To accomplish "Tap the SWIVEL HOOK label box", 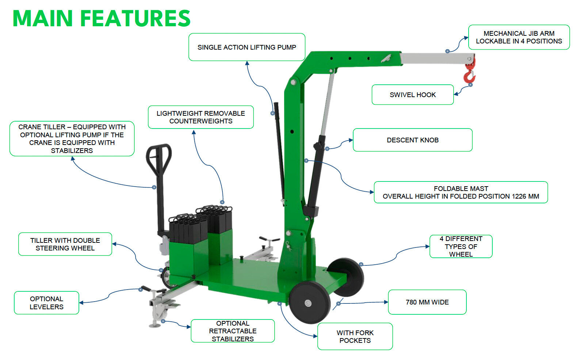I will click(412, 95).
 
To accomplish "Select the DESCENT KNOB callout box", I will click(412, 140).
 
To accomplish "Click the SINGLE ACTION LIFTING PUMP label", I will click(247, 47).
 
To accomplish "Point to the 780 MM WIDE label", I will click(427, 302).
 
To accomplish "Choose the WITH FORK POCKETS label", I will click(355, 336).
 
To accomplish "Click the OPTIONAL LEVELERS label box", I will click(46, 303).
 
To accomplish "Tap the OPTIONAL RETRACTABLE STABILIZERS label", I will click(233, 331).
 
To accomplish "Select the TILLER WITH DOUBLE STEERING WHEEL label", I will click(65, 244).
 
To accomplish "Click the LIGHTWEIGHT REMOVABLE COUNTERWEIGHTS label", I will click(201, 117).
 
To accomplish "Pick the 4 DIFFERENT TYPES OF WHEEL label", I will click(461, 246).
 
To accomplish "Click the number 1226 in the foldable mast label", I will click(519, 196).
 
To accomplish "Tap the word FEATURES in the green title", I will click(135, 18).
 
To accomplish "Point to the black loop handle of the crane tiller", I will click(159, 157).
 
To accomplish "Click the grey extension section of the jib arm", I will click(435, 58).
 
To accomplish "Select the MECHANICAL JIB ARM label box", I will click(519, 37).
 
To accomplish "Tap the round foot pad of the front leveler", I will click(155, 325).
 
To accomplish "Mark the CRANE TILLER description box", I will click(72, 138).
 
